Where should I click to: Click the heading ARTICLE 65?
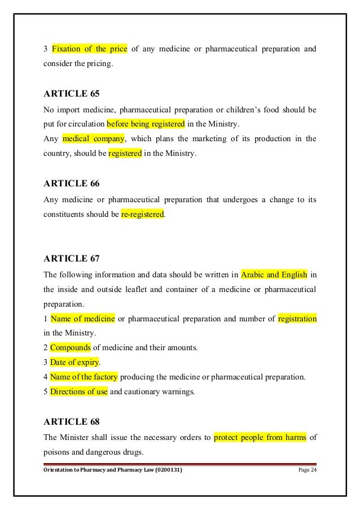pyautogui.click(x=71, y=94)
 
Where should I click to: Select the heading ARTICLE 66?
pyautogui.click(x=71, y=183)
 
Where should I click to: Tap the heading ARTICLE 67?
pyautogui.click(x=71, y=259)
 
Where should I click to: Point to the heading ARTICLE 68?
pyautogui.click(x=71, y=420)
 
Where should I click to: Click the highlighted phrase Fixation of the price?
pyautogui.click(x=89, y=49)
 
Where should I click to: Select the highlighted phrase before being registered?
pyautogui.click(x=146, y=123)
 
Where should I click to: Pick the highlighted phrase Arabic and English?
pyautogui.click(x=274, y=275)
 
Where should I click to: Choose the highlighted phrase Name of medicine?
pyautogui.click(x=82, y=319)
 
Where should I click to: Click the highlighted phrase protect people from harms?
pyautogui.click(x=260, y=437)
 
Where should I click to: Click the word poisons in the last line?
pyautogui.click(x=56, y=451)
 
